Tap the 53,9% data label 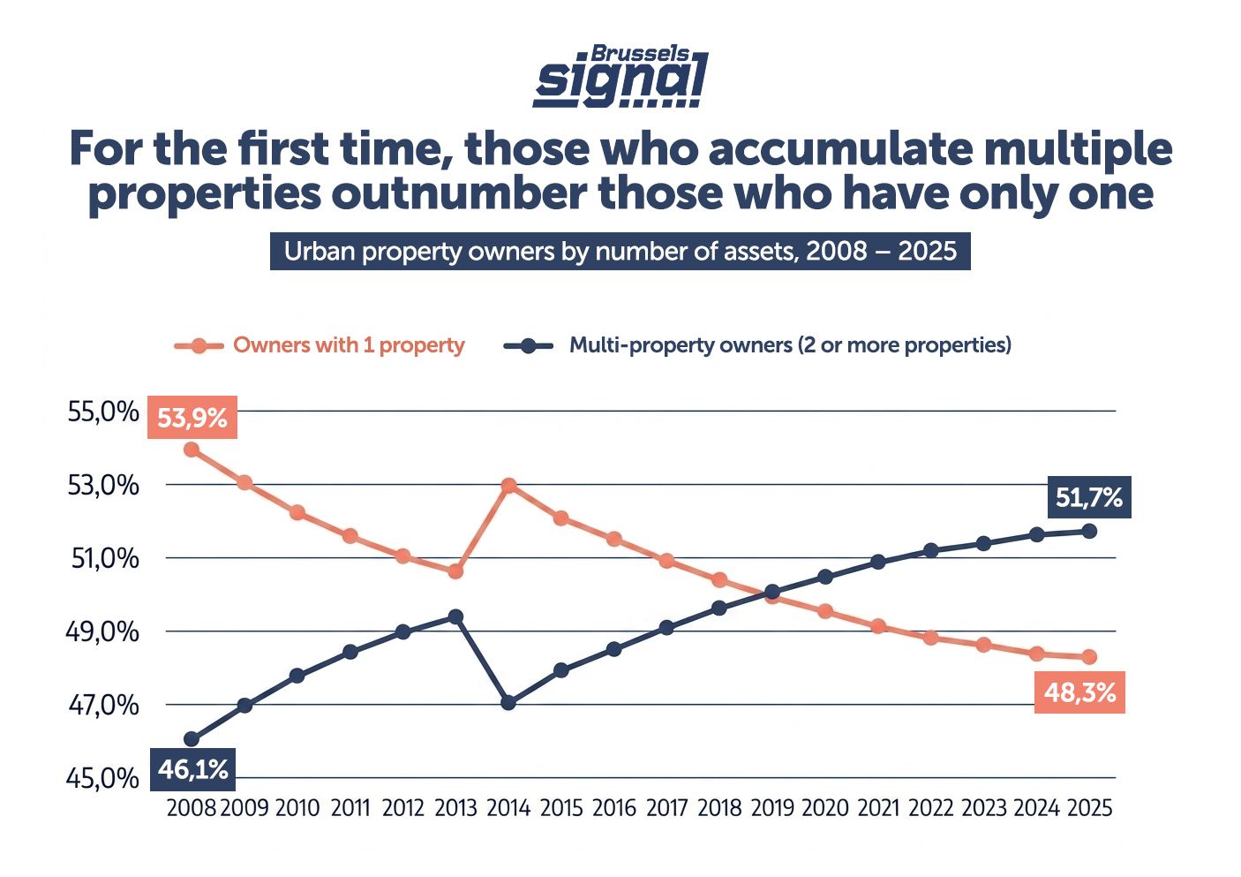[192, 417]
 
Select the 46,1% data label [193, 769]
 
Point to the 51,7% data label [1088, 497]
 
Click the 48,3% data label [1079, 692]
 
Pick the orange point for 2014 [508, 486]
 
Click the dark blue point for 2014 [508, 703]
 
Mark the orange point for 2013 [455, 571]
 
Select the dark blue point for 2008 [192, 739]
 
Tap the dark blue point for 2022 [930, 550]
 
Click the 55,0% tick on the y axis [103, 412]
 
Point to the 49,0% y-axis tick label [103, 631]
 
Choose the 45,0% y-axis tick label [103, 778]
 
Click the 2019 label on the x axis [772, 808]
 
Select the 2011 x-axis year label [350, 808]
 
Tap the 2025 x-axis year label [1089, 808]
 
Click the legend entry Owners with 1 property [349, 345]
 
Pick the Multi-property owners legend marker [528, 346]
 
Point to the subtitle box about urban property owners [620, 251]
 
